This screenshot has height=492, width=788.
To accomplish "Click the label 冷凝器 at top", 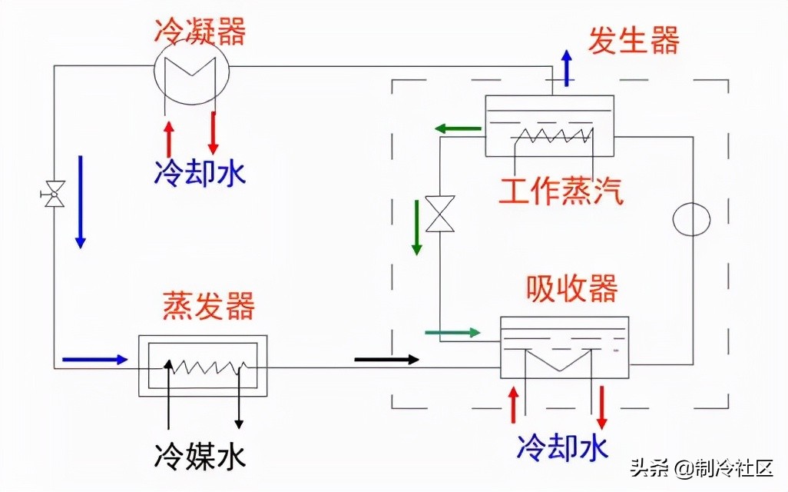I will [x=199, y=32].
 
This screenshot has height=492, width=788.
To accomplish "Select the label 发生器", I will [x=634, y=40].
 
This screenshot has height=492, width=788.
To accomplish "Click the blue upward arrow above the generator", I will [x=567, y=67].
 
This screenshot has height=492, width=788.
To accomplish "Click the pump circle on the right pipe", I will [x=691, y=219].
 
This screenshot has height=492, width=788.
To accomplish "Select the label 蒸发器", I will [x=208, y=307].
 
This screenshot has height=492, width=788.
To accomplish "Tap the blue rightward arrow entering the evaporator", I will [x=94, y=359].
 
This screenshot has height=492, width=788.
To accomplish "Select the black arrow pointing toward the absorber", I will [x=387, y=359].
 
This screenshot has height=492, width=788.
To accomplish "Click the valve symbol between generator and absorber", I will [x=440, y=214].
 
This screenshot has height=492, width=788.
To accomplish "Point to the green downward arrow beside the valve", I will [x=417, y=227].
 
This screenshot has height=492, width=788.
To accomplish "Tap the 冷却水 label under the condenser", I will [x=200, y=172].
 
